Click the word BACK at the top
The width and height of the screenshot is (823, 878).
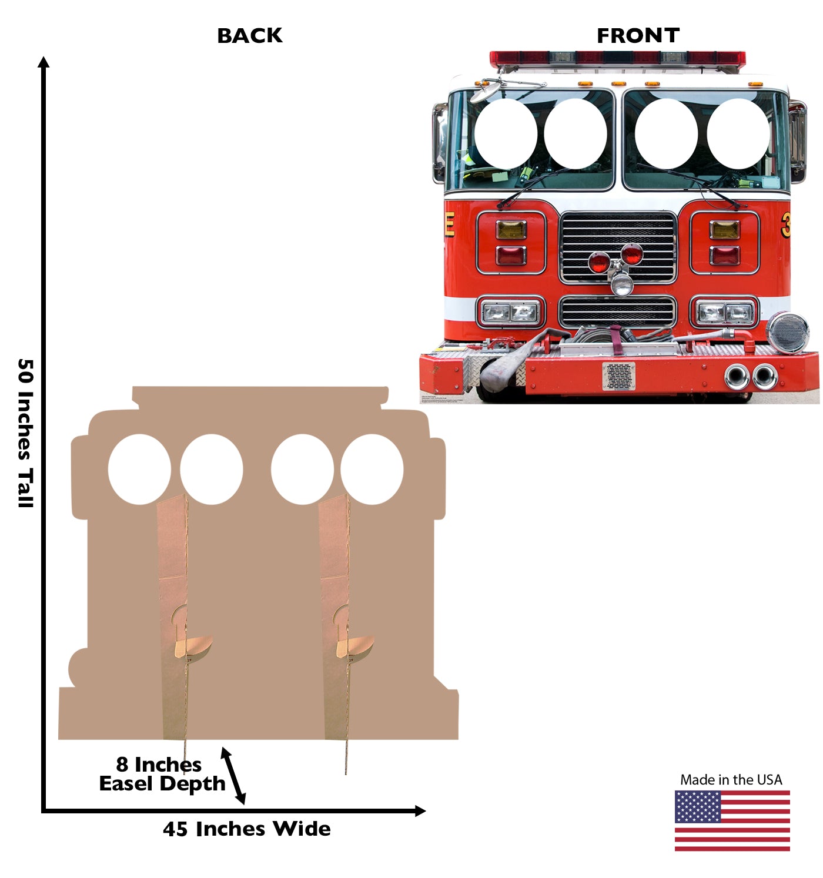pyautogui.click(x=250, y=36)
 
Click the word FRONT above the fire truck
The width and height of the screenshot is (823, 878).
pyautogui.click(x=638, y=36)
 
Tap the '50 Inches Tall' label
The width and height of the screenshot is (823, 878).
pyautogui.click(x=25, y=433)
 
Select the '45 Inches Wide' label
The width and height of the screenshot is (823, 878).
pyautogui.click(x=247, y=829)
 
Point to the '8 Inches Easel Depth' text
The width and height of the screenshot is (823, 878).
pyautogui.click(x=162, y=774)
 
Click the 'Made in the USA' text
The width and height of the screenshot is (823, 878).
pyautogui.click(x=731, y=780)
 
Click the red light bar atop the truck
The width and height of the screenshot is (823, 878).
pyautogui.click(x=617, y=58)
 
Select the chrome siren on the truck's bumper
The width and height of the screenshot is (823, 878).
pyautogui.click(x=787, y=333)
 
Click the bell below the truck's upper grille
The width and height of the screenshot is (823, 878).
pyautogui.click(x=621, y=284)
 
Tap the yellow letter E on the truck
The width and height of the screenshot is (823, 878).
pyautogui.click(x=450, y=224)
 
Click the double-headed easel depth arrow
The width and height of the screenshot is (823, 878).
pyautogui.click(x=233, y=776)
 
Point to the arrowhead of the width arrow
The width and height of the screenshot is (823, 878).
pyautogui.click(x=420, y=811)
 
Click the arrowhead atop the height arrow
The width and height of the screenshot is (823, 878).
pyautogui.click(x=44, y=62)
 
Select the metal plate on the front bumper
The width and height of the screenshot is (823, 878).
pyautogui.click(x=618, y=376)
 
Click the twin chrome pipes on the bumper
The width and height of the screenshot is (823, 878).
pyautogui.click(x=751, y=376)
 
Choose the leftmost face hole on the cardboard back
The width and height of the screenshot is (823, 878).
pyautogui.click(x=139, y=469)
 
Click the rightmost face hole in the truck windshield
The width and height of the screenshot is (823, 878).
pyautogui.click(x=738, y=133)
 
